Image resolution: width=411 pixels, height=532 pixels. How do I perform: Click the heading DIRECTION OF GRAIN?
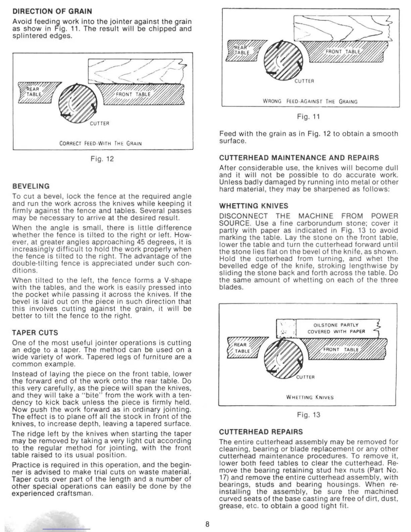click(52, 11)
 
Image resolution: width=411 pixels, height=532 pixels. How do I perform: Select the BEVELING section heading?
click(31, 186)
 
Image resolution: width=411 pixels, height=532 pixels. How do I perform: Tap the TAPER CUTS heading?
click(35, 333)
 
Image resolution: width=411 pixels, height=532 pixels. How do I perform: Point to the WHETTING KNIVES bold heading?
click(254, 206)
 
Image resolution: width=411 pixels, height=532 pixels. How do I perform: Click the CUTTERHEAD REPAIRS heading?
click(261, 432)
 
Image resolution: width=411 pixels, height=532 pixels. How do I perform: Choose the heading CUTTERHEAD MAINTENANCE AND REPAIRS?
click(299, 158)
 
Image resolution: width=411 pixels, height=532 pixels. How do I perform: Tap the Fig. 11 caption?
click(308, 117)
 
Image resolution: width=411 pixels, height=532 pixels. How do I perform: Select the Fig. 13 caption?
click(308, 415)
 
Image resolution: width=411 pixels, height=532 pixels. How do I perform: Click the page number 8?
click(207, 524)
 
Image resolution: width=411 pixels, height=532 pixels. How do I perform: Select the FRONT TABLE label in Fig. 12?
click(133, 94)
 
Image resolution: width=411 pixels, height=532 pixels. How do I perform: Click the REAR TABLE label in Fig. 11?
click(242, 50)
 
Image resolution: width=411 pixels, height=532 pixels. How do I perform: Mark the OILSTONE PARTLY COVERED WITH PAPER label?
click(336, 328)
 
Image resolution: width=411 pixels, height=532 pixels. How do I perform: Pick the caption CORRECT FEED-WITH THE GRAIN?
click(100, 143)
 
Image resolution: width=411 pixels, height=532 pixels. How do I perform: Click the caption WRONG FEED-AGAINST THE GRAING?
click(310, 101)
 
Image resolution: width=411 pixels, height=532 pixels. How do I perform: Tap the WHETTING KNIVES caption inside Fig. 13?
click(310, 397)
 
